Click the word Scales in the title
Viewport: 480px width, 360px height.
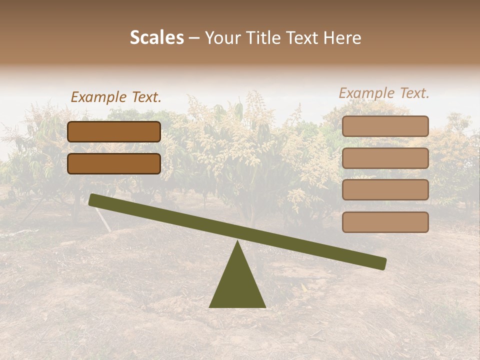coord(156,38)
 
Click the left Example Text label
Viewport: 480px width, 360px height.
coord(116,97)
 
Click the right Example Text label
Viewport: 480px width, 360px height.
coord(384,93)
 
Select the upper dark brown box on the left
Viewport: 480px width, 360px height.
coord(114,131)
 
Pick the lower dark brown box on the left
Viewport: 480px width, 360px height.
coord(114,163)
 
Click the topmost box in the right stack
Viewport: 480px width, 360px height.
coord(385,126)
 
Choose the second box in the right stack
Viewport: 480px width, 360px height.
coord(385,158)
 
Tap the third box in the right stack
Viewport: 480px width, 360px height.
coord(385,190)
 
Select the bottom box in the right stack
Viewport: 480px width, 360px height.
coord(385,222)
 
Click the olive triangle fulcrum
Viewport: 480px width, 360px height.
coord(237,285)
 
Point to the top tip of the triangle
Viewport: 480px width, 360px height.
coord(237,241)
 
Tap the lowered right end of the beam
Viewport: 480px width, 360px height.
coord(382,264)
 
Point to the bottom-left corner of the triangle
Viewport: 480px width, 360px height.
coord(209,307)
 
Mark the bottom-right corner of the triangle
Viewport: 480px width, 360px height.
coord(265,307)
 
